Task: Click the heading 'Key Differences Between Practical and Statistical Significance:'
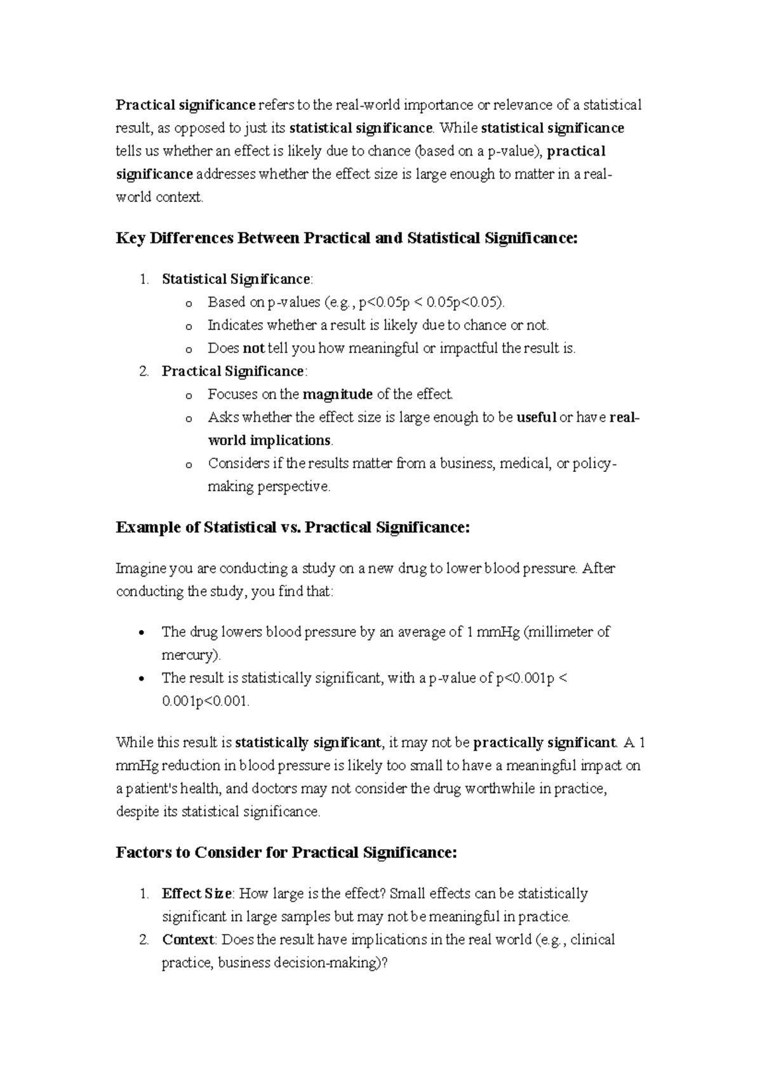point(347,239)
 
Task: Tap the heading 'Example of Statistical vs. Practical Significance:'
point(293,528)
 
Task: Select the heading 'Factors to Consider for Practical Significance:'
point(286,852)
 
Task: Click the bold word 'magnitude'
point(337,394)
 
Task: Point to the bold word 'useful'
point(537,418)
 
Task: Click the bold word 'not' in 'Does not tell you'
point(253,348)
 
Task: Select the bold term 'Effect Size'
point(197,893)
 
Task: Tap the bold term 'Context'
point(189,939)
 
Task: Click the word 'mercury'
point(189,655)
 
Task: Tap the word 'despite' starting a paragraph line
point(138,812)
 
